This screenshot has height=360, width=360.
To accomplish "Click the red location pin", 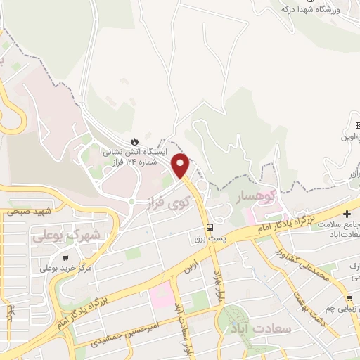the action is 181,165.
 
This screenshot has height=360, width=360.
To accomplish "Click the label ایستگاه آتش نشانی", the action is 135,152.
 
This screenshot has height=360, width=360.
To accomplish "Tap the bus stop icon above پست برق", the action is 210,226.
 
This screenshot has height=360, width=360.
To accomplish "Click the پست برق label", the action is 210,239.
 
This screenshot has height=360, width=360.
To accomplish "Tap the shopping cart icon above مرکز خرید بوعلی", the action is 66,257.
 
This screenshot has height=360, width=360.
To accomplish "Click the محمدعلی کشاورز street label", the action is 304,264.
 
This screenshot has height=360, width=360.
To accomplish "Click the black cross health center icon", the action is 347,213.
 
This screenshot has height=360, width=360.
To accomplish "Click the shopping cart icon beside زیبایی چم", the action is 349,299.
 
